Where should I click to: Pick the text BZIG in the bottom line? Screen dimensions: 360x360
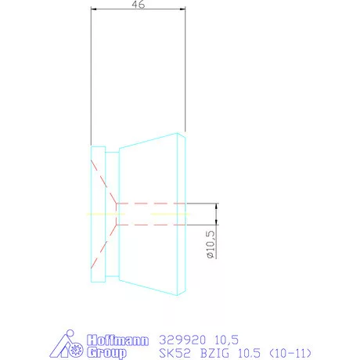(214, 352)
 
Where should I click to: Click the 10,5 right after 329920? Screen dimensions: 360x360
(226, 340)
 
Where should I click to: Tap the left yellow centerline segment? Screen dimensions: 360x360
(100, 214)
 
